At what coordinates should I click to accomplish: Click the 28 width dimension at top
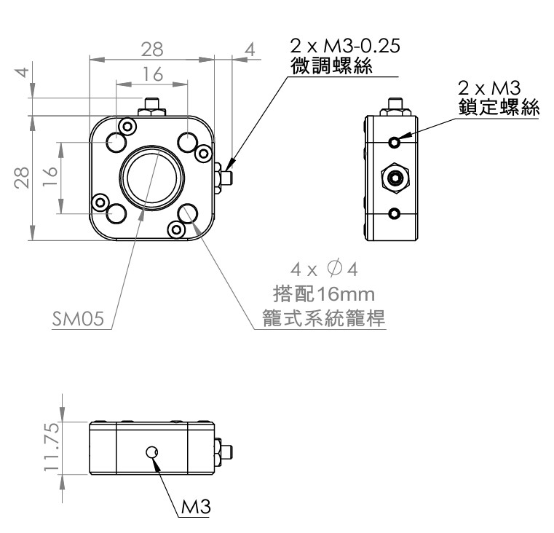[x=152, y=50]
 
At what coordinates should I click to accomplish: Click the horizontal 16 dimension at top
[x=153, y=74]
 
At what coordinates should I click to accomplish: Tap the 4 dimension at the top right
[x=250, y=50]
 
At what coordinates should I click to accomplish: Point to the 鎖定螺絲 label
[x=499, y=107]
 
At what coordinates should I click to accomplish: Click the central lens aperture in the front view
[x=152, y=178]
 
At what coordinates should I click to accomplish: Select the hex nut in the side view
[x=395, y=177]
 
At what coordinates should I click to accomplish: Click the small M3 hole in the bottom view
[x=152, y=452]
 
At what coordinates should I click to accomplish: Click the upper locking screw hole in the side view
[x=395, y=141]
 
